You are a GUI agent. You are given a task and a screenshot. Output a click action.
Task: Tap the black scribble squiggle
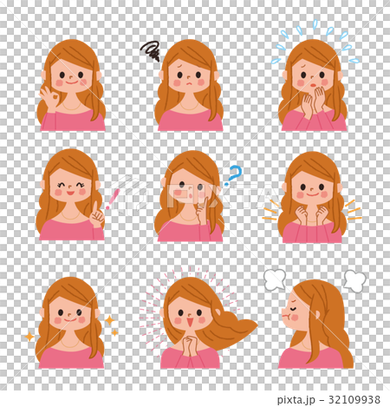150,50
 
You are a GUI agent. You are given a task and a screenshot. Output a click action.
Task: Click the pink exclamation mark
113,199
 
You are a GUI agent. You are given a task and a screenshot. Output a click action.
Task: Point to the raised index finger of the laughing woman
95,208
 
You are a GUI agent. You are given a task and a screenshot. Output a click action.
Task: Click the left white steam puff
275,279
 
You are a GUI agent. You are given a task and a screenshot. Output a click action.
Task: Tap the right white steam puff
354,281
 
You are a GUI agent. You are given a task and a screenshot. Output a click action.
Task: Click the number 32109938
354,399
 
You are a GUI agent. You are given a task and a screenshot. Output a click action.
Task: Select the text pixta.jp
296,400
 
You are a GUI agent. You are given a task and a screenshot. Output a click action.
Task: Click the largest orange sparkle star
109,320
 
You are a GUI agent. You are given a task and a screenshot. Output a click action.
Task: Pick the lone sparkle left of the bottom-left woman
29,337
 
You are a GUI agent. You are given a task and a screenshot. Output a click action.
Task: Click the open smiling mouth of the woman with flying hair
190,322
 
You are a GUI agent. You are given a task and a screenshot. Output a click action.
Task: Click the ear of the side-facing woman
317,315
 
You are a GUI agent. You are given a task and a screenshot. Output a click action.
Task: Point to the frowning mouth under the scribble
188,83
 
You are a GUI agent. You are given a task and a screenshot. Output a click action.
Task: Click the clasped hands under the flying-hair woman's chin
189,345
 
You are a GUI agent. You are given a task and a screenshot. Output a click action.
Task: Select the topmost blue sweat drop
315,24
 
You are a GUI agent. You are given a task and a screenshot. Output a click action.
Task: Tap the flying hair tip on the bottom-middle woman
255,325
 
